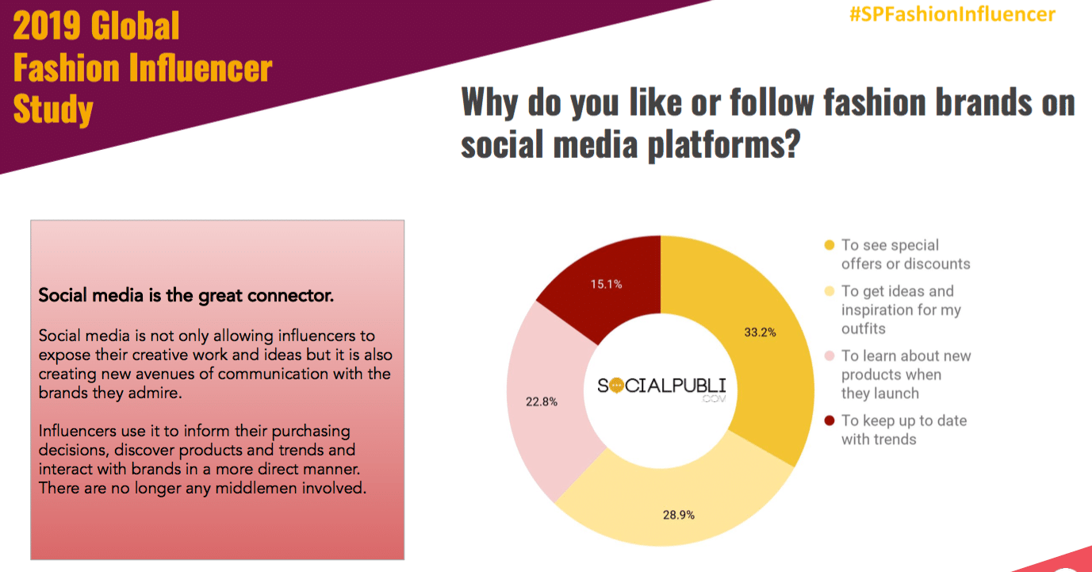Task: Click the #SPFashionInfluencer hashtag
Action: point(952,14)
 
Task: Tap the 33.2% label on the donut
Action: point(760,332)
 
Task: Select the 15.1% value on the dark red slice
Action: point(607,284)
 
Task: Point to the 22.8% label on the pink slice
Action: point(542,401)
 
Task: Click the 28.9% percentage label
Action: point(679,515)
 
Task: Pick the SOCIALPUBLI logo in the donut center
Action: point(661,388)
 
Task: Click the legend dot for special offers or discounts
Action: point(830,245)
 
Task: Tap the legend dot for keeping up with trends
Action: point(830,420)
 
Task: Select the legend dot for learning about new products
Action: point(830,355)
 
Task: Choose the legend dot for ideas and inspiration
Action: point(830,291)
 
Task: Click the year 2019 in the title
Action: point(47,25)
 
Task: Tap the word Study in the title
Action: point(53,109)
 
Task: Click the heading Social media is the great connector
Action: point(186,295)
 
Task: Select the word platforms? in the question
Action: point(724,145)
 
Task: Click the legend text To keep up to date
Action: point(904,420)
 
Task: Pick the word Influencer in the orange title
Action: point(201,67)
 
